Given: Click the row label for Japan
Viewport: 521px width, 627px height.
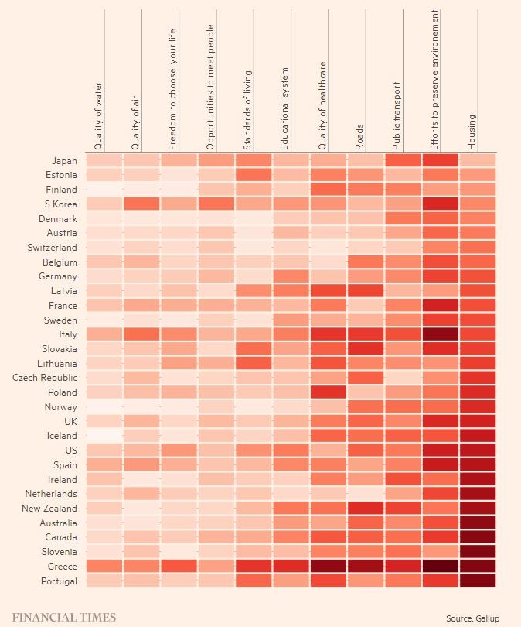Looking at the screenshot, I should click(64, 161).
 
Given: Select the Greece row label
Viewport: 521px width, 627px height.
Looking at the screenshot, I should click(62, 567).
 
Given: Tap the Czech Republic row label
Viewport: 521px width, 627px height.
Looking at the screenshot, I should click(45, 378).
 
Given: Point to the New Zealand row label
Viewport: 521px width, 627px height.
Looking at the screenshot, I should click(49, 509).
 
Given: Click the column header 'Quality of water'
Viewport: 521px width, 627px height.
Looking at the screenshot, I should click(97, 116).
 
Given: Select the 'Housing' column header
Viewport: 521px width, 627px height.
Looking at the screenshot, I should click(472, 132).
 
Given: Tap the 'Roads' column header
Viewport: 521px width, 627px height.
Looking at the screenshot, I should click(359, 136).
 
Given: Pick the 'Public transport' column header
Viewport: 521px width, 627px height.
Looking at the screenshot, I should click(397, 115).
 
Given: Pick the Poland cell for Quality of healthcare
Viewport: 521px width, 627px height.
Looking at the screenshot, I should click(329, 392).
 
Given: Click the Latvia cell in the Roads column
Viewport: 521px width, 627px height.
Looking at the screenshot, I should click(366, 291).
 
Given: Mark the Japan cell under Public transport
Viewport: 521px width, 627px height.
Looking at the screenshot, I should click(403, 161).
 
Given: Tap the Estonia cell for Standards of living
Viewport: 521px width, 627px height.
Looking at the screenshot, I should click(254, 175).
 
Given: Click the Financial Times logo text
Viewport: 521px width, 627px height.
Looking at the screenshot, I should click(63, 617).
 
